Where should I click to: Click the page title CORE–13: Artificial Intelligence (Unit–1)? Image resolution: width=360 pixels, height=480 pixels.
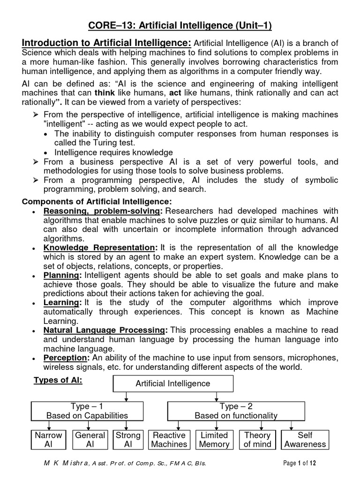pyautogui.click(x=180, y=25)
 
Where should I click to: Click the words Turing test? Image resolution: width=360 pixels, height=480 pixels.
pyautogui.click(x=114, y=143)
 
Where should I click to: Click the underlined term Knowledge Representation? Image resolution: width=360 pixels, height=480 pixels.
pyautogui.click(x=100, y=247)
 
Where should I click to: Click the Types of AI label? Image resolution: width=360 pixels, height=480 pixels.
pyautogui.click(x=58, y=381)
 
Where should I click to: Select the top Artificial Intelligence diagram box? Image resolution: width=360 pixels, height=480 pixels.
pyautogui.click(x=173, y=383)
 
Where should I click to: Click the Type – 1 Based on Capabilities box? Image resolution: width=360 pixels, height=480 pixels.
pyautogui.click(x=87, y=411)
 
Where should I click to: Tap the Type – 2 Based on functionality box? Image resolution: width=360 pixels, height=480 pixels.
pyautogui.click(x=236, y=411)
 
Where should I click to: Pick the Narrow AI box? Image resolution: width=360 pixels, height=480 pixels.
pyautogui.click(x=48, y=439)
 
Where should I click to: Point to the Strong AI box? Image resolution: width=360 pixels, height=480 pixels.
pyautogui.click(x=128, y=439)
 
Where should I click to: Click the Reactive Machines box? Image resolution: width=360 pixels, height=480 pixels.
pyautogui.click(x=169, y=439)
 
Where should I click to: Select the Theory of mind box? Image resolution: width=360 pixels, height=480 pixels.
pyautogui.click(x=257, y=439)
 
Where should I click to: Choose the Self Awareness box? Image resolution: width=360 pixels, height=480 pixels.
pyautogui.click(x=305, y=439)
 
